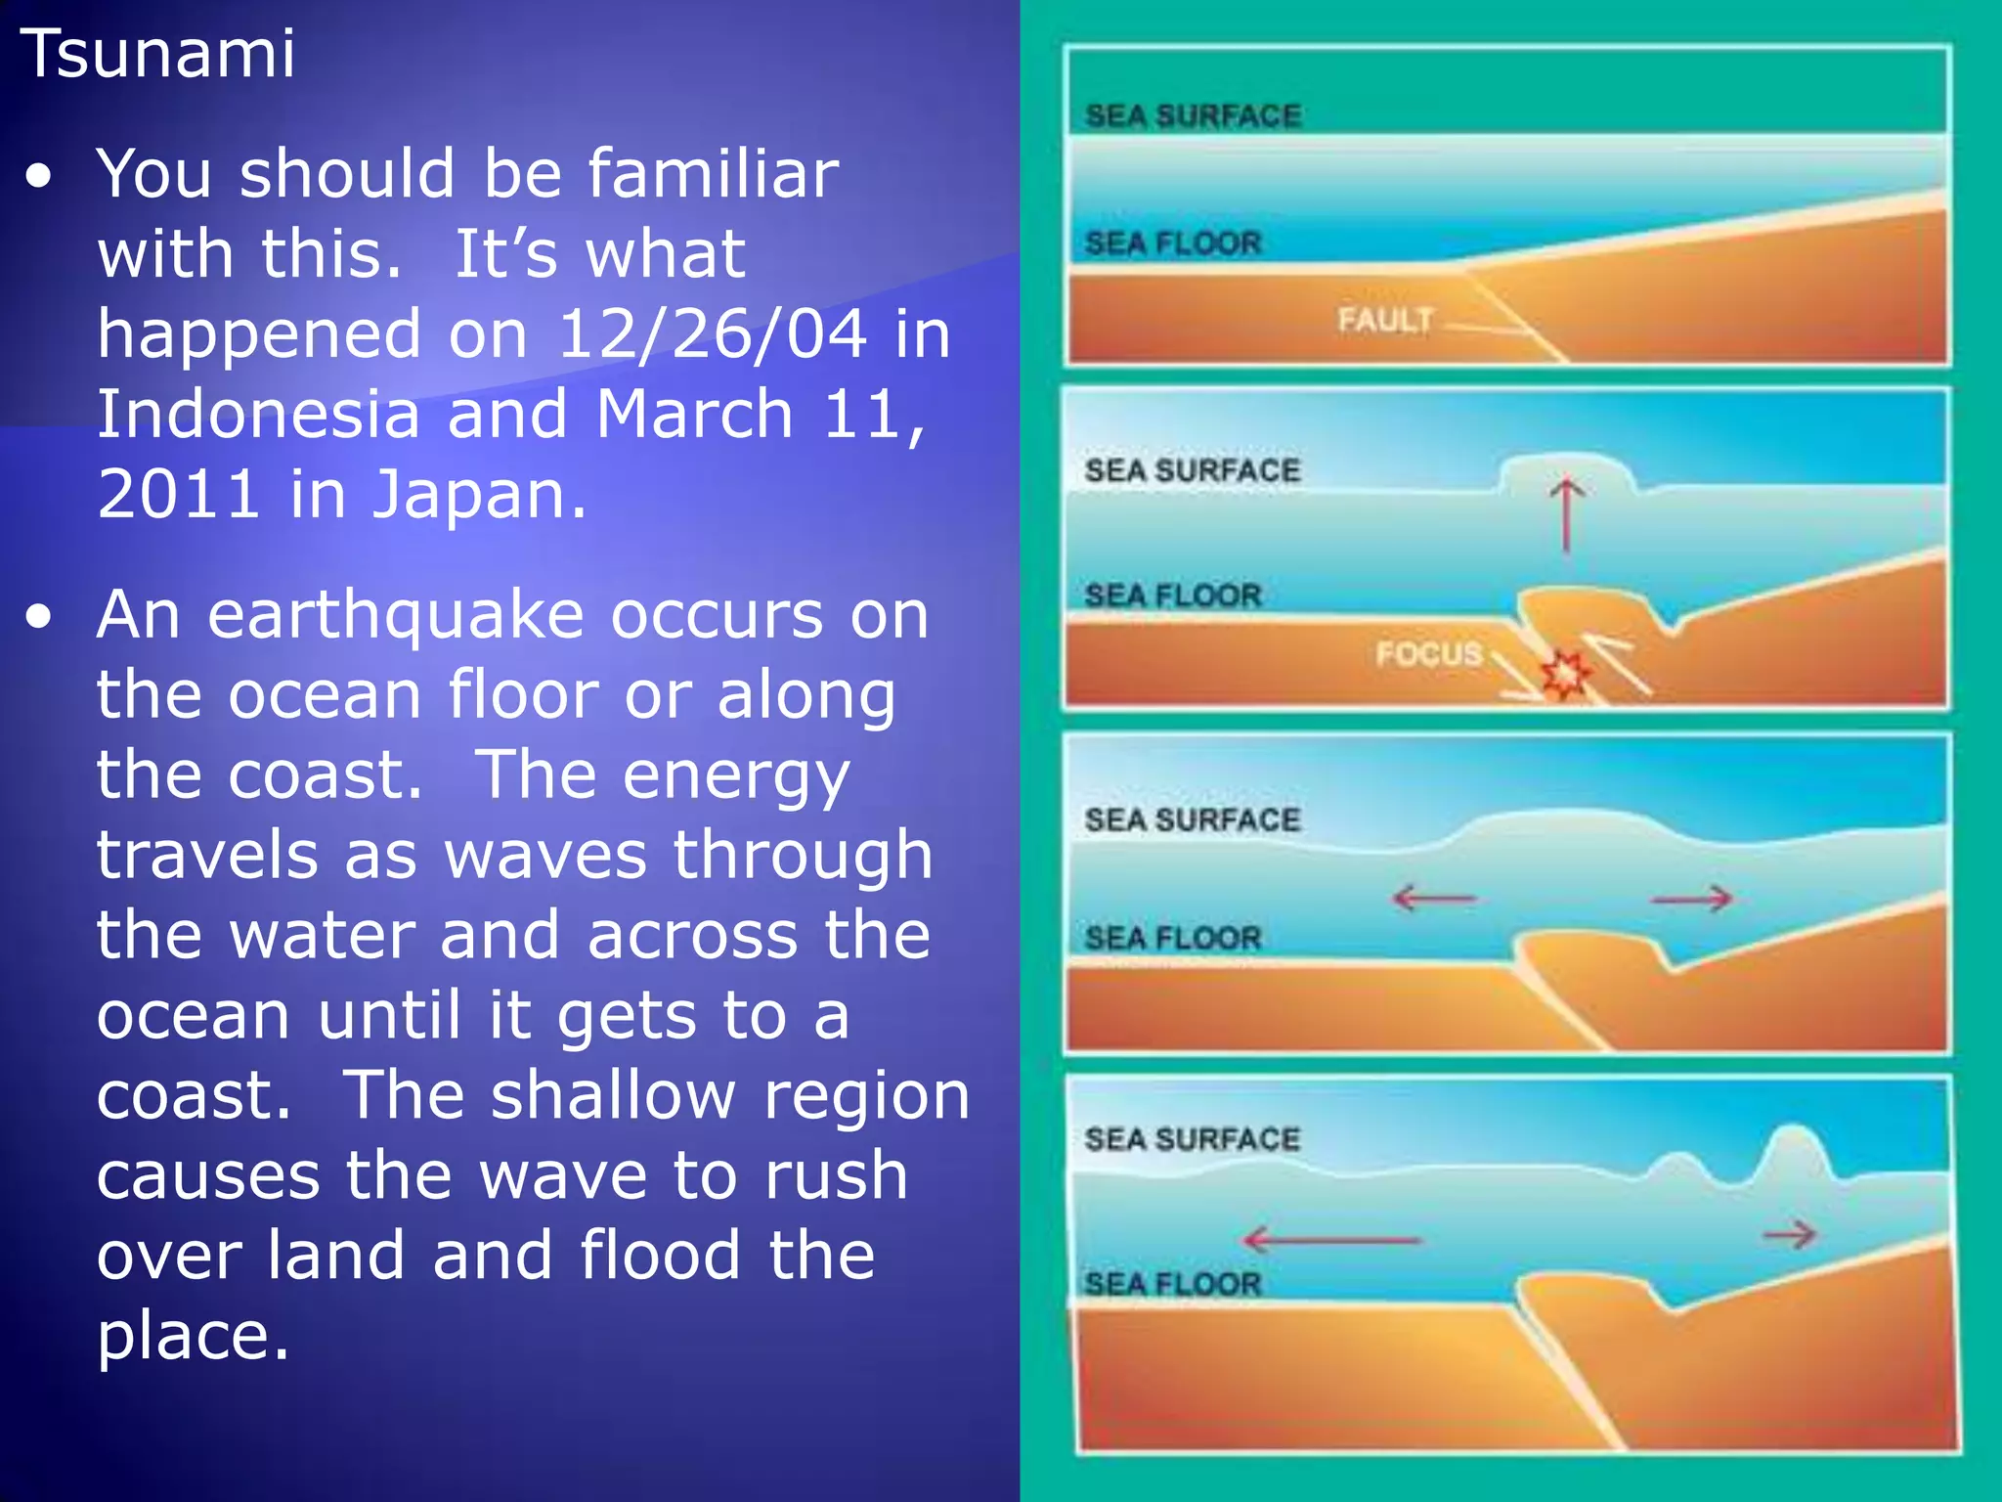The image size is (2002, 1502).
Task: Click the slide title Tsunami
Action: (157, 54)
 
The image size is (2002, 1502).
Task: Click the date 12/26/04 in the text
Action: (712, 333)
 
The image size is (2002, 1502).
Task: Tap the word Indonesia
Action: (258, 414)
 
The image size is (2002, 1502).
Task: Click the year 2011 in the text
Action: (179, 494)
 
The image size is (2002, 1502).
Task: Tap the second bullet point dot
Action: (40, 618)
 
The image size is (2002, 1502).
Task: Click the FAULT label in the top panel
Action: (1385, 320)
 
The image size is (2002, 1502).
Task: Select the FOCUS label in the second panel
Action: (1428, 653)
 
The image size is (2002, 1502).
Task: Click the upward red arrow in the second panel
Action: (1567, 513)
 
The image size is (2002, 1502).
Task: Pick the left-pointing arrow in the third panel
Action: (1433, 897)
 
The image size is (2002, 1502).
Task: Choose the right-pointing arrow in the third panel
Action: (1692, 898)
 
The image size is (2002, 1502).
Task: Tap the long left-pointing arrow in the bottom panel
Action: (1331, 1240)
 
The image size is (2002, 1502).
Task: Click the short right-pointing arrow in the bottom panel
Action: (1789, 1235)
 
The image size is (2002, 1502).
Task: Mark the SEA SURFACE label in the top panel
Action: (1193, 116)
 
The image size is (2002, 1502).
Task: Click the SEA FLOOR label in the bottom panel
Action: (1173, 1284)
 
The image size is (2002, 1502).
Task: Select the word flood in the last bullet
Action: (660, 1255)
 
